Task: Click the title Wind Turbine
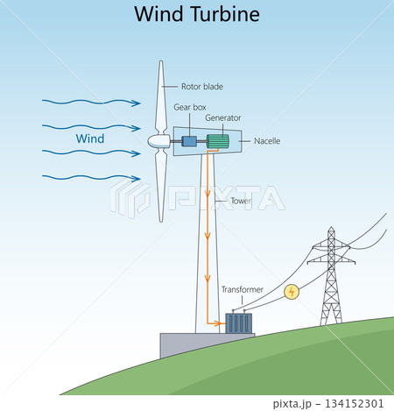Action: (196, 15)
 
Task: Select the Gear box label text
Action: (189, 107)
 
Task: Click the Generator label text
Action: (223, 117)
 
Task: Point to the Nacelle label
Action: (266, 140)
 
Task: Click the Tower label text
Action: (242, 201)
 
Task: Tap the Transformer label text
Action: (242, 288)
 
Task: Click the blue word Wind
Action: (90, 139)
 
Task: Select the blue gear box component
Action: (189, 140)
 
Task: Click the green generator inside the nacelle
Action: (218, 140)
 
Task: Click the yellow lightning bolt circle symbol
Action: (292, 291)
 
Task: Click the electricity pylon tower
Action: (331, 280)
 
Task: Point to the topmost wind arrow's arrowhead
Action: (137, 103)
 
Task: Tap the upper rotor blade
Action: (161, 96)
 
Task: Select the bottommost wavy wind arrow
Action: (88, 178)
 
